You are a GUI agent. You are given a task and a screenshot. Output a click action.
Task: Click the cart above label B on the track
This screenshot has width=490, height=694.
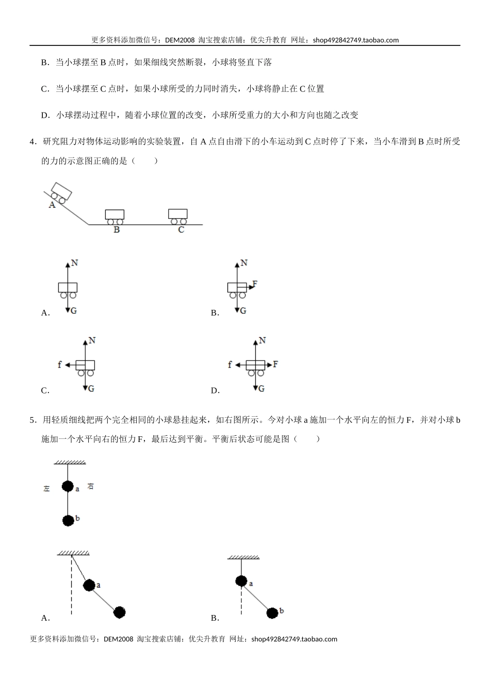[115, 216]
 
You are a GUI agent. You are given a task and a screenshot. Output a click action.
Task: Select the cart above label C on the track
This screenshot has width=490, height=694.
[177, 215]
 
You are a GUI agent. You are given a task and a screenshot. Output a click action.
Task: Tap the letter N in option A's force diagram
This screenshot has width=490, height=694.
[74, 263]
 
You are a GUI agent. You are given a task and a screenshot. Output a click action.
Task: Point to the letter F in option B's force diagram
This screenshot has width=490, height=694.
[255, 284]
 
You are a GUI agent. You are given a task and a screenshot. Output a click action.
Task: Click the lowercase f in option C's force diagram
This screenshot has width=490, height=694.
[60, 365]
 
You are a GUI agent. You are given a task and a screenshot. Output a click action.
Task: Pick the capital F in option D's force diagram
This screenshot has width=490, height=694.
[275, 365]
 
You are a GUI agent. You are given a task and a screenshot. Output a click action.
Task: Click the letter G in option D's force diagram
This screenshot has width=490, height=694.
[261, 388]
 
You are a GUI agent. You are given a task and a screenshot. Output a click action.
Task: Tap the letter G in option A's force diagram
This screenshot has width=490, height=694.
[74, 311]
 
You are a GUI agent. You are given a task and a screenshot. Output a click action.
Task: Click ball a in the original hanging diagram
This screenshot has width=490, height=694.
[68, 486]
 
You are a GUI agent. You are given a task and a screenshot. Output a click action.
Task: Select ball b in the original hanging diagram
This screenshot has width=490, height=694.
[68, 520]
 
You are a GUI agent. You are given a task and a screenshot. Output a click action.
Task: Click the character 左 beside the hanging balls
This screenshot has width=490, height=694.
[46, 488]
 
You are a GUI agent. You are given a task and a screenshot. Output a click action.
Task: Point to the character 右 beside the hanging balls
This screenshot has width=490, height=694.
[90, 486]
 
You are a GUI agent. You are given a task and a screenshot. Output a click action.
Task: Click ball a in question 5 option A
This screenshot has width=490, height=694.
[89, 585]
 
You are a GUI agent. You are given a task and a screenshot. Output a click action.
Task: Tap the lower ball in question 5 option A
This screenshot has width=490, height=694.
[120, 612]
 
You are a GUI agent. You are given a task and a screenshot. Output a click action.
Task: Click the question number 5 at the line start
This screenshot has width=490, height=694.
[32, 420]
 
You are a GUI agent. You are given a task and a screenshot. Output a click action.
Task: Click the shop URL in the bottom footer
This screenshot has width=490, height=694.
[294, 639]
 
